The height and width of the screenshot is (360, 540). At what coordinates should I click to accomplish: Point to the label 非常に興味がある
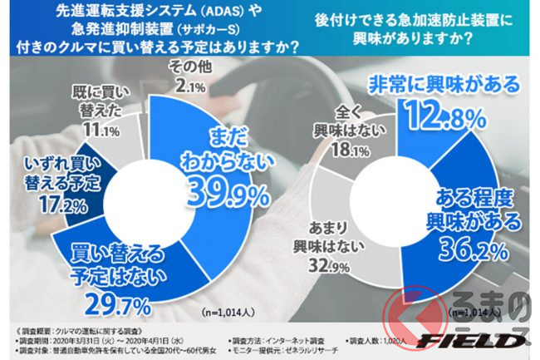443,85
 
